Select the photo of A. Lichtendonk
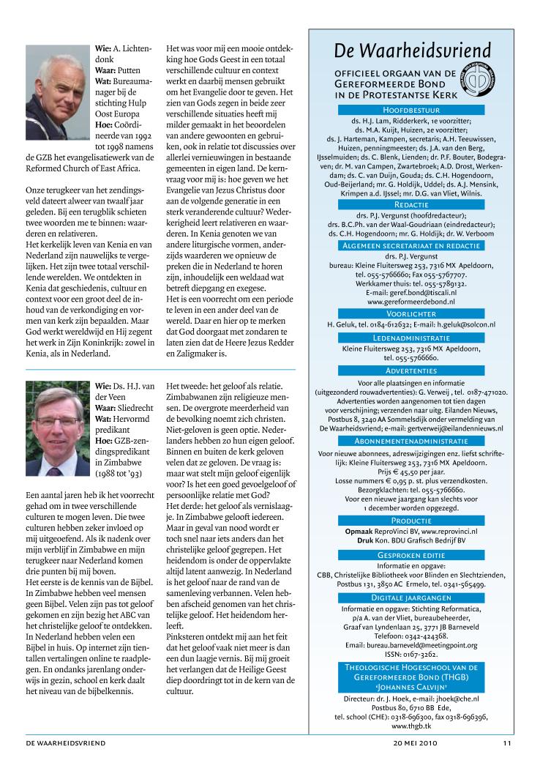click(56, 81)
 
